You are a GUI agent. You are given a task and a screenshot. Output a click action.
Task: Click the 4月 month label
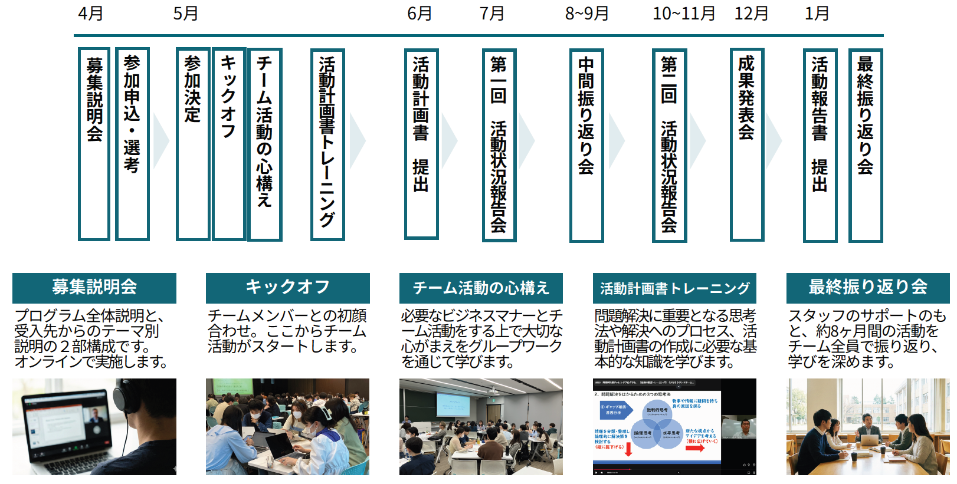point(90,14)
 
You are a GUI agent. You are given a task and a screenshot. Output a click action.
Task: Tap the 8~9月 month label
point(586,14)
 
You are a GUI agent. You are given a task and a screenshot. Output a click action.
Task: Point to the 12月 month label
point(751,14)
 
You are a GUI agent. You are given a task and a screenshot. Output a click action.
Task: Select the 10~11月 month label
point(684,14)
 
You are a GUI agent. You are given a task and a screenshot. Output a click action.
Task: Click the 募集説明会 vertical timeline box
point(94,144)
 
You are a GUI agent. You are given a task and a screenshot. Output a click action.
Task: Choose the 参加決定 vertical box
point(192,144)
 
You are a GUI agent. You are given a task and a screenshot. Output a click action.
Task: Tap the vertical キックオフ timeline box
point(229,144)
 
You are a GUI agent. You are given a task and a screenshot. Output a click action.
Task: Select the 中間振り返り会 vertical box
point(586,145)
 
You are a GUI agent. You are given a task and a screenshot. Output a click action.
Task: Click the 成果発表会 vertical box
point(746,144)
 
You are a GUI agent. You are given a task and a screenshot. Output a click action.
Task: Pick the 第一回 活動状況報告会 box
point(499,145)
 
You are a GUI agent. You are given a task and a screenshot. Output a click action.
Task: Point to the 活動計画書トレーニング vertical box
point(327,144)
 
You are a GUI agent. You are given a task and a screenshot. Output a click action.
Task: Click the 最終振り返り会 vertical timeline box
point(865,145)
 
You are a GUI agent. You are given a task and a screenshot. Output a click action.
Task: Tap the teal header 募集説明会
point(94,288)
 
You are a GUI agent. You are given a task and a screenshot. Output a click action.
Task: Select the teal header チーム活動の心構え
point(481,288)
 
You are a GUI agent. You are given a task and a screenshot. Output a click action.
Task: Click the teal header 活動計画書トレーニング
point(674,288)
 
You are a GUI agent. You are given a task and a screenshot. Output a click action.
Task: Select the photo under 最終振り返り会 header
point(868,427)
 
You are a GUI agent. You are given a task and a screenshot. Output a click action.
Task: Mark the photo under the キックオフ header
point(287,427)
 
